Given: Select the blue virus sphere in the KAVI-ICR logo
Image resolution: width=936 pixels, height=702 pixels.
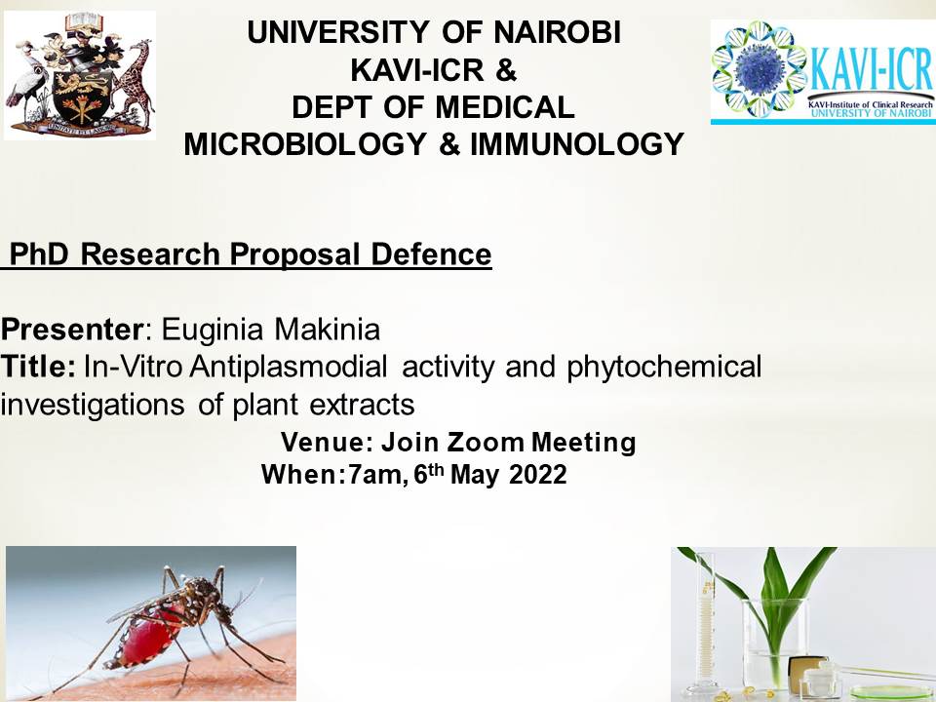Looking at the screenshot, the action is coord(760,68).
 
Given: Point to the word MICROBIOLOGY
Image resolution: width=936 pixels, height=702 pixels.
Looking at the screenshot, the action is coord(305,144).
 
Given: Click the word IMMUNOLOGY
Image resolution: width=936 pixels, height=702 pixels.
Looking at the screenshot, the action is coord(576,144).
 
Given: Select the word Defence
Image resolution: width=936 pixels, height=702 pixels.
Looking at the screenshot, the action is coord(431,254).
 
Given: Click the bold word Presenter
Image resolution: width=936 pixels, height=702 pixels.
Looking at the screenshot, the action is coord(71,330).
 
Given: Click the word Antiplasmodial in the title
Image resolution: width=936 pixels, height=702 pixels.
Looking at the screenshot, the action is coord(289,368).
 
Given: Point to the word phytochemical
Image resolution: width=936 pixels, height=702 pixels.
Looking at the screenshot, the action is coord(664,368).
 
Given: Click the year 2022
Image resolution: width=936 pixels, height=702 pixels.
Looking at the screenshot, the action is coord(538,475).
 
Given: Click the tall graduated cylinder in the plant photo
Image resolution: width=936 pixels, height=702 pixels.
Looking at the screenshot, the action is coord(706,624).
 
